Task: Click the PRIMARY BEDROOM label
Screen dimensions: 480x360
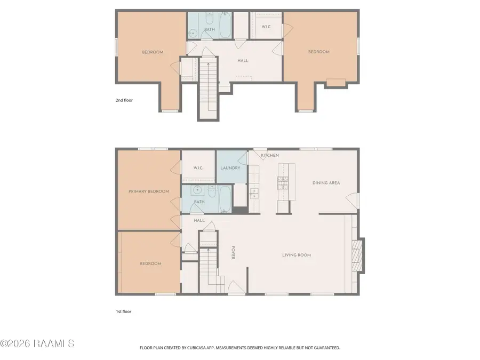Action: point(149,191)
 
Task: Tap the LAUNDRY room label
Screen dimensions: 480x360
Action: point(230,168)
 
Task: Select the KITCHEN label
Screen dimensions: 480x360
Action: point(270,156)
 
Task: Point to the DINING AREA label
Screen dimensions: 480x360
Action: point(326,183)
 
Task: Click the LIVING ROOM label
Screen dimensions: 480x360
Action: point(297,255)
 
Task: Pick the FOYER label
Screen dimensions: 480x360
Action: point(233,253)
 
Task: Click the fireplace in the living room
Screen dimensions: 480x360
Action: point(357,255)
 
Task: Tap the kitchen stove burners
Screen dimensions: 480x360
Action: point(283,183)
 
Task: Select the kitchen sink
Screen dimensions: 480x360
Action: point(254,194)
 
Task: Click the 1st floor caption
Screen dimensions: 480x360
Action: point(123,311)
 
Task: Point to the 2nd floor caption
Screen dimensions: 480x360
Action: point(124,100)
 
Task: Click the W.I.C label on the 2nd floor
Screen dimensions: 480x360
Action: point(266,27)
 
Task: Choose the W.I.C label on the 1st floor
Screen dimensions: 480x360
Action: point(198,168)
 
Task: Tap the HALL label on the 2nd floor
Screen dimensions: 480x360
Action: point(243,61)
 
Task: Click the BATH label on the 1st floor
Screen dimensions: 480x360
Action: point(199,202)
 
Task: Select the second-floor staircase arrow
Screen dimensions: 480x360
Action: point(209,86)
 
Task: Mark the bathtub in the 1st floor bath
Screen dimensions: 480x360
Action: point(225,199)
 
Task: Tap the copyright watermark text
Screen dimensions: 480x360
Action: point(37,343)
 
